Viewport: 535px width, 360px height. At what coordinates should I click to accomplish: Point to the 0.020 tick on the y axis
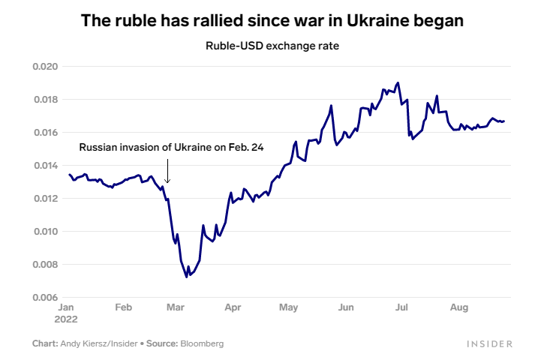coord(45,67)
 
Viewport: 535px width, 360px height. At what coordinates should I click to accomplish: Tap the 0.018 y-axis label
coord(45,100)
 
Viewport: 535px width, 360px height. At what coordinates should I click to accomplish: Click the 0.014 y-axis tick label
coord(45,166)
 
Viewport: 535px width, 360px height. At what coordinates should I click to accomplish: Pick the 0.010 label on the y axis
coord(45,232)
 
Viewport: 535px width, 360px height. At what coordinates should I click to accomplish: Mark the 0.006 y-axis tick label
coord(45,298)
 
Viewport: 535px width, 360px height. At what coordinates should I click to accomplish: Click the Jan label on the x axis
coord(65,307)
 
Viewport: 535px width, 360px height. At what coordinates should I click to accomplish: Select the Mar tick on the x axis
coord(176,307)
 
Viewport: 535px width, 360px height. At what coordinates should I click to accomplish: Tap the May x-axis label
coord(289,307)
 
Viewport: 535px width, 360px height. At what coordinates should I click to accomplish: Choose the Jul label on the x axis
coord(401,307)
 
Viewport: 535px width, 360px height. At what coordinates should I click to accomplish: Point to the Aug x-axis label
coord(458,307)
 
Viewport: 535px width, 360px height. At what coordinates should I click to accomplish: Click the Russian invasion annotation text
coord(172,148)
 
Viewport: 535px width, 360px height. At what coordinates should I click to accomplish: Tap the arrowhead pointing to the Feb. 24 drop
coord(167,181)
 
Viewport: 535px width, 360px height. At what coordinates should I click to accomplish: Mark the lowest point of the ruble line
coord(186,277)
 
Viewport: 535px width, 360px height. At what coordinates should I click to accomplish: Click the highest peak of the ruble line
coord(398,82)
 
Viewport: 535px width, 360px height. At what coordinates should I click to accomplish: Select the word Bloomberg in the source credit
coord(201,343)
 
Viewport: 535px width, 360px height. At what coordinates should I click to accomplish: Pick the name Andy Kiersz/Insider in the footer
coord(100,343)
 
